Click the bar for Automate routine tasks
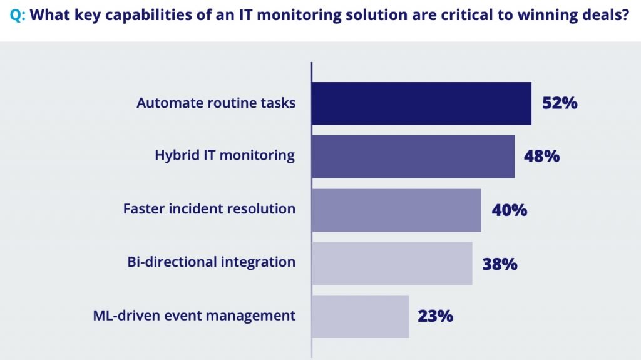tap(421, 103)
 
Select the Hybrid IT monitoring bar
tap(413, 157)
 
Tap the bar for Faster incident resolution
tap(396, 210)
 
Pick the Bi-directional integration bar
tap(392, 263)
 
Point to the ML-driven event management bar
tap(360, 316)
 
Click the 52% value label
tap(560, 103)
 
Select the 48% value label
tap(542, 157)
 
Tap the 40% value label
tap(509, 210)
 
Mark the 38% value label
tap(500, 264)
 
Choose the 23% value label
tap(435, 316)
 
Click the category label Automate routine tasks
tap(216, 103)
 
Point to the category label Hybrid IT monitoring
tap(225, 156)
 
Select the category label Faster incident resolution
tap(209, 209)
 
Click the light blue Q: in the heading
tap(18, 16)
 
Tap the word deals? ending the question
tap(607, 16)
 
